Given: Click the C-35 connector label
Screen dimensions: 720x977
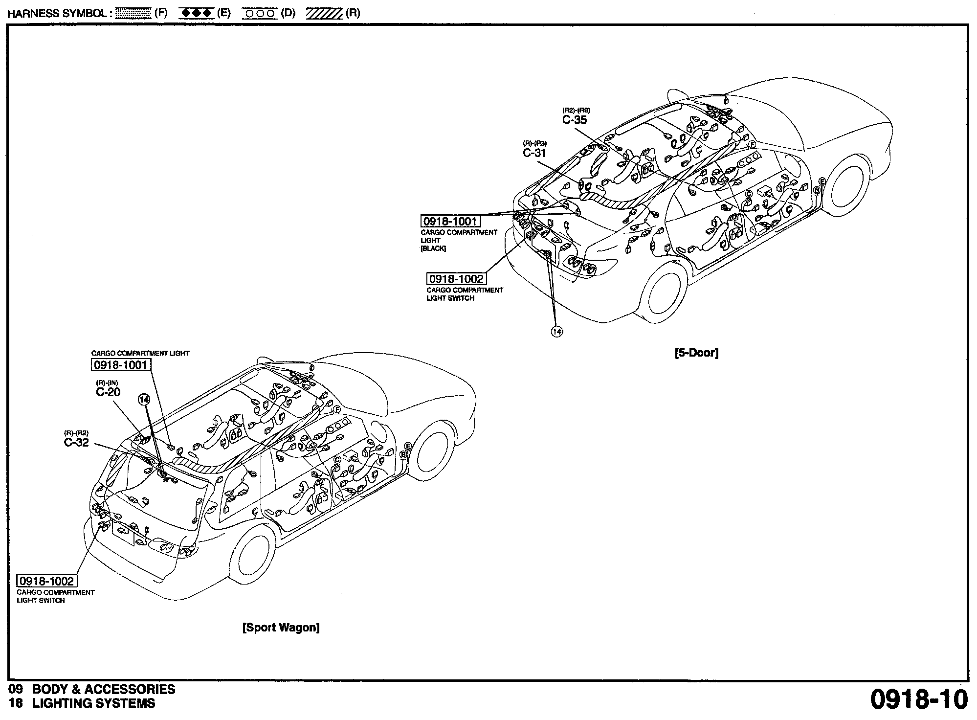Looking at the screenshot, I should tap(575, 120).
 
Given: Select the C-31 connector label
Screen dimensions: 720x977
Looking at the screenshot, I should tap(534, 153).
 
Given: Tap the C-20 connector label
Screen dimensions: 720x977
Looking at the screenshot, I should tap(108, 392).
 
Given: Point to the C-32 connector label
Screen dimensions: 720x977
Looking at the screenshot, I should tap(76, 443).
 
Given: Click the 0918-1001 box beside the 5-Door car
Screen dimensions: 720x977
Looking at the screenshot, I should tap(450, 222).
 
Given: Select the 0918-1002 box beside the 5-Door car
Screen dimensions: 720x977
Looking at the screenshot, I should tap(456, 279).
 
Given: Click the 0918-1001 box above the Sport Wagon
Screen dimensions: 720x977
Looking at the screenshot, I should tap(121, 365).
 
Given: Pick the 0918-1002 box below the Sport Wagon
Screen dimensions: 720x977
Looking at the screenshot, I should tap(46, 581).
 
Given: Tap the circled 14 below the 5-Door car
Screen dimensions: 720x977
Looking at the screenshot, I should tap(557, 331).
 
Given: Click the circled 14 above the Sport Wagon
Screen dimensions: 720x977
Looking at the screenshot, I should tap(144, 400).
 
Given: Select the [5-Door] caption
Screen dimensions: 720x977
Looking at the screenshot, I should tap(696, 353).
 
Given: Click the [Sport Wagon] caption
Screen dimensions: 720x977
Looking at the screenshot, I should tap(281, 628).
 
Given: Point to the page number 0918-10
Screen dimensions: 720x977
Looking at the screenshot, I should tap(919, 699).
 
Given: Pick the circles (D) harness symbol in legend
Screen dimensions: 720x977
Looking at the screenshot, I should tap(260, 13).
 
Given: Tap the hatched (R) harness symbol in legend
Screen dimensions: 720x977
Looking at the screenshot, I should tap(324, 13).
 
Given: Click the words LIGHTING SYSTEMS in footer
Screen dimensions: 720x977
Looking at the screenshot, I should tap(93, 704).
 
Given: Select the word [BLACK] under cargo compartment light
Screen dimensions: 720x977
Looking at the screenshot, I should tap(433, 248).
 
